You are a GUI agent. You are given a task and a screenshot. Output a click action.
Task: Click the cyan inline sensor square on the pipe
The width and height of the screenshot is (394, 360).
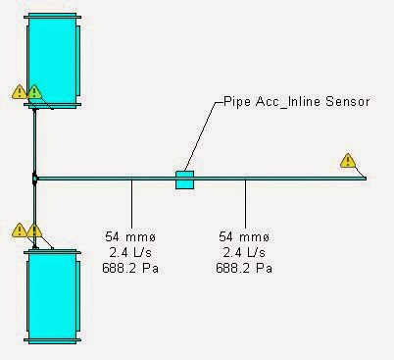pyautogui.click(x=184, y=179)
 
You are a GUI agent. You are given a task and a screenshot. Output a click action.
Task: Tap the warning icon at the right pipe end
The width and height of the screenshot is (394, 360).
pyautogui.click(x=347, y=161)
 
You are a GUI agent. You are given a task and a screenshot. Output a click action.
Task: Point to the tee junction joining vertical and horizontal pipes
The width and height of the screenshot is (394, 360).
pyautogui.click(x=34, y=179)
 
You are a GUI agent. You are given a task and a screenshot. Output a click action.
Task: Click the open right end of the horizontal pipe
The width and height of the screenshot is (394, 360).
pyautogui.click(x=365, y=179)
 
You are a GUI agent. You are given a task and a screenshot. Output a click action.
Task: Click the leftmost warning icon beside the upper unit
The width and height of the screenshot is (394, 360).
pyautogui.click(x=19, y=92)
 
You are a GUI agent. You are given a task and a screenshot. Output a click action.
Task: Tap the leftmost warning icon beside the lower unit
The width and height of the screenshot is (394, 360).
pyautogui.click(x=19, y=231)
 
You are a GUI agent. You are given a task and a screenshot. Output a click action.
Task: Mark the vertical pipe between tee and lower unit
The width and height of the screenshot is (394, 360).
pyautogui.click(x=34, y=211)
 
